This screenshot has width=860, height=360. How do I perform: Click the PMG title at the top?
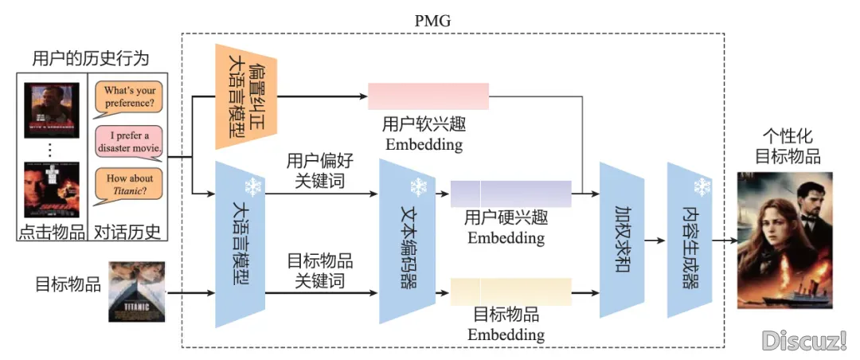coord(432,20)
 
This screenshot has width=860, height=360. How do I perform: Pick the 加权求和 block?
coord(621,239)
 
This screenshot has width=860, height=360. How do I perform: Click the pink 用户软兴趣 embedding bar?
coord(428,96)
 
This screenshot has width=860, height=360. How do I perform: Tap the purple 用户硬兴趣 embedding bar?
coord(510,194)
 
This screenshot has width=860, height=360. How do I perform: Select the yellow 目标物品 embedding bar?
coord(510,292)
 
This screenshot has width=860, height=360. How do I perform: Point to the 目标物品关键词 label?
coord(319,271)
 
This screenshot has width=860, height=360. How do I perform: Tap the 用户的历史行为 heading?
coord(90,58)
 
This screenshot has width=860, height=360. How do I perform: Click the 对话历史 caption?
coord(127,232)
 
